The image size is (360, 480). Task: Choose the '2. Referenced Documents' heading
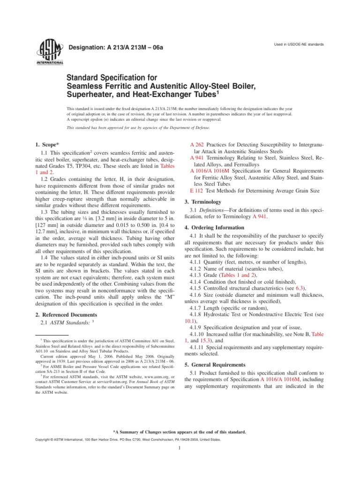coord(67,315)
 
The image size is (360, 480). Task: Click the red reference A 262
coord(196,145)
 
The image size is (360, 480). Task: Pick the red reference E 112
coord(195,191)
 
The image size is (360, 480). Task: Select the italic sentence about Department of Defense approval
coord(139,127)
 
